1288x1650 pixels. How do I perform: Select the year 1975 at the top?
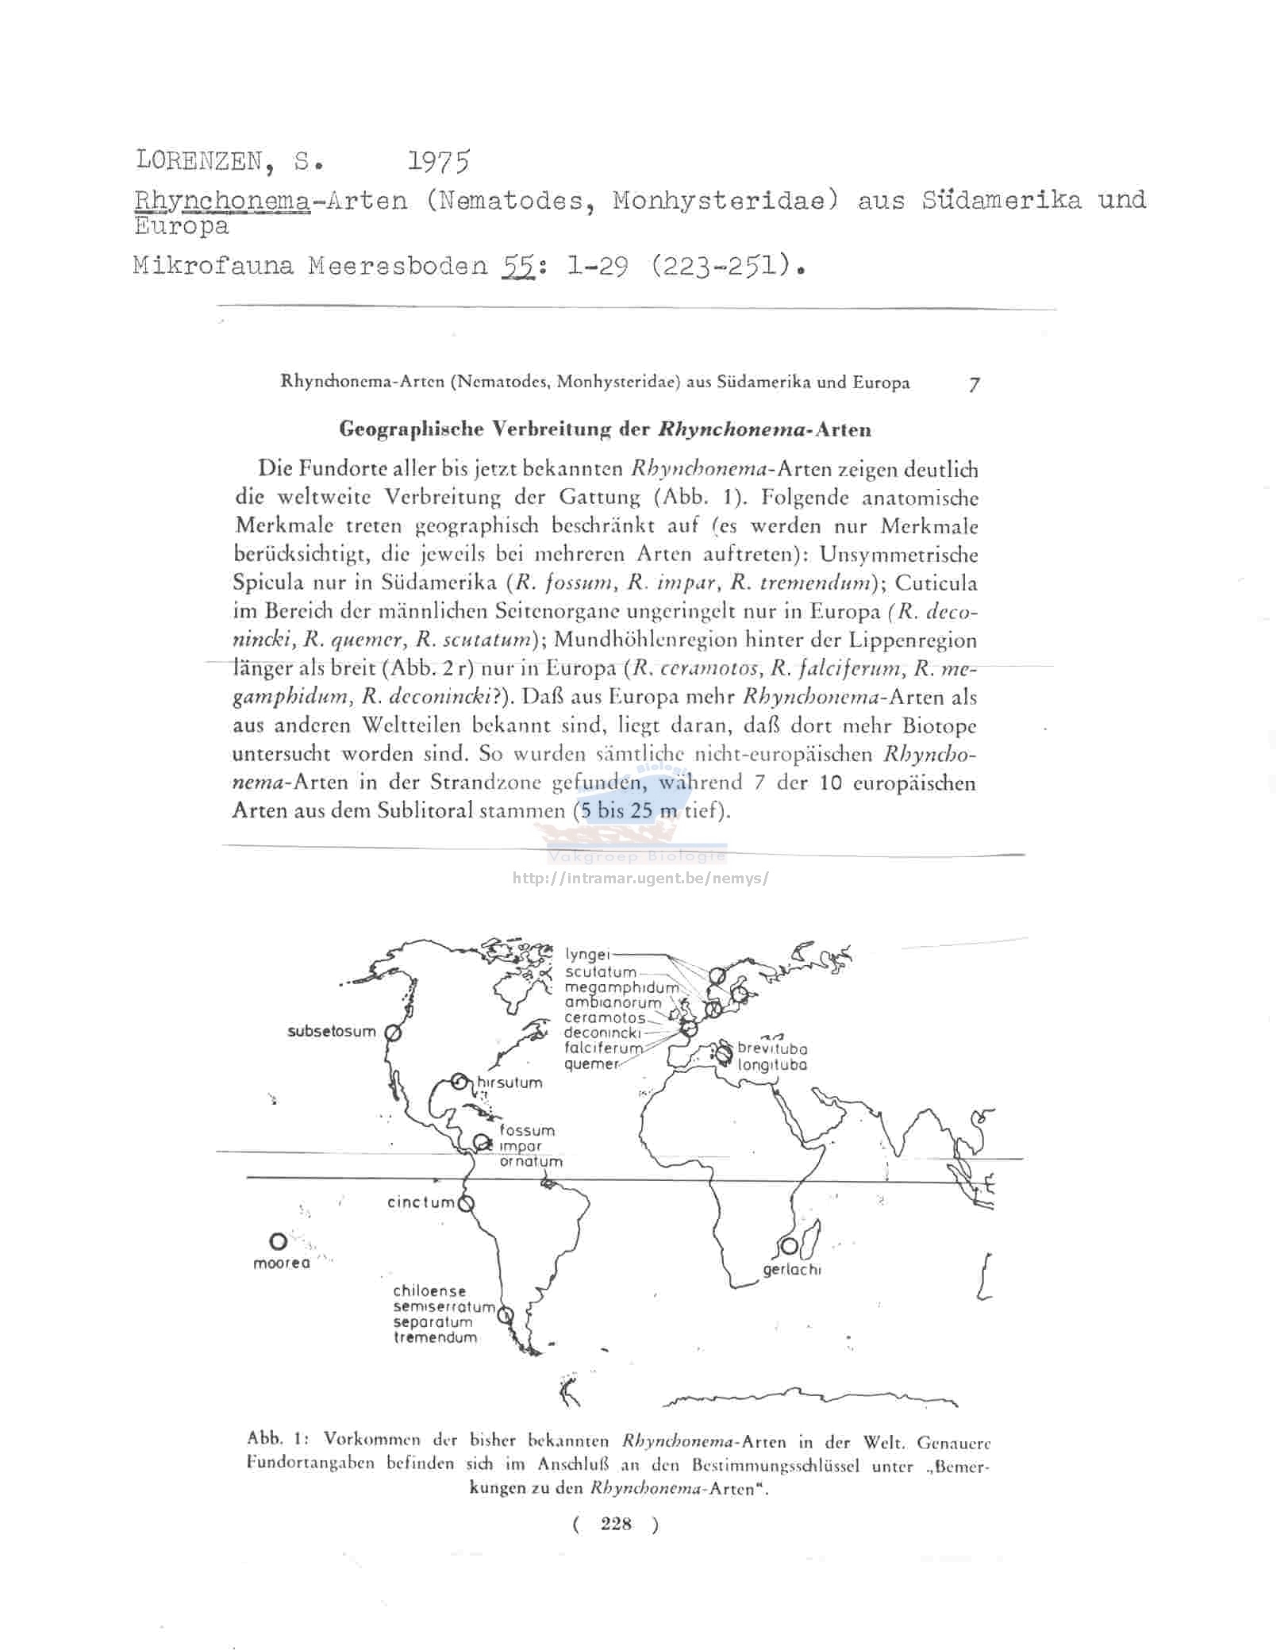coord(438,161)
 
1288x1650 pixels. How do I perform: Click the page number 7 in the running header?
coord(974,384)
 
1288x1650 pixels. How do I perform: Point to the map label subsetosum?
coord(331,1032)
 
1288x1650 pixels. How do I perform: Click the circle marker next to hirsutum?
coord(458,1081)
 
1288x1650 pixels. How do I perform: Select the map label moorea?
coord(281,1263)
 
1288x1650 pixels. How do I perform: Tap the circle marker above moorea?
coord(278,1241)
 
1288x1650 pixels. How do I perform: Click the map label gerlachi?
coord(791,1270)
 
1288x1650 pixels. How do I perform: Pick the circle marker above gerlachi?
coord(789,1246)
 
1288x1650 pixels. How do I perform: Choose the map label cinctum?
coord(421,1202)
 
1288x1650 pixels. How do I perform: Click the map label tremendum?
coord(435,1337)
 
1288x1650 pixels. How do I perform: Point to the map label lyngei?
coord(588,955)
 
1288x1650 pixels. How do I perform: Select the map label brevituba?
coord(771,1048)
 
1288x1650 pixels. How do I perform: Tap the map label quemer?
coord(590,1063)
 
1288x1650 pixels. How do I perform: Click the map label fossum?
coord(527,1130)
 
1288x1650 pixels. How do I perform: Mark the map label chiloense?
coord(429,1291)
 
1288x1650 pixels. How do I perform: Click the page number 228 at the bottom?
coord(616,1523)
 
